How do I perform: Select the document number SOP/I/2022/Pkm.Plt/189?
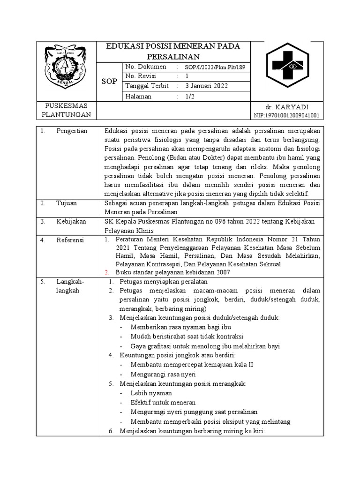(x=215, y=67)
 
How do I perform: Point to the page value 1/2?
(x=190, y=96)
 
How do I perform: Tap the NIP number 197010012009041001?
(x=286, y=115)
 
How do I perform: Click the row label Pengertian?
(x=72, y=131)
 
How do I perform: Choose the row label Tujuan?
(x=67, y=203)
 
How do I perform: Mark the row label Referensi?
(x=70, y=240)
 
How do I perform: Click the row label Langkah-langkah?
(x=70, y=286)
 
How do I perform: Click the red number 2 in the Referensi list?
(x=106, y=272)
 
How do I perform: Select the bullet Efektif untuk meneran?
(x=163, y=403)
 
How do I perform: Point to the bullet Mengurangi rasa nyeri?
(x=163, y=375)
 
